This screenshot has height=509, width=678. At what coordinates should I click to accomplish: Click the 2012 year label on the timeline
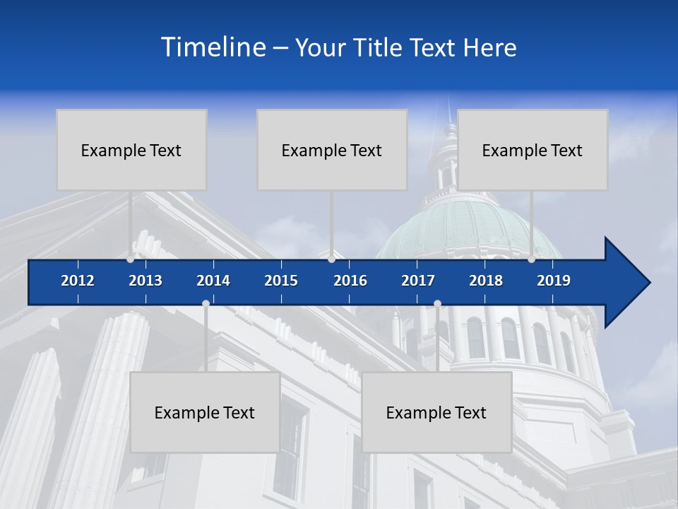coord(78,281)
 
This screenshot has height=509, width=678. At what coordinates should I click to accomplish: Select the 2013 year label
coord(145,281)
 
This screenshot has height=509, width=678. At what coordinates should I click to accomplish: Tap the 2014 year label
coord(213,281)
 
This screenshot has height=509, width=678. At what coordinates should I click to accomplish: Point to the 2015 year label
coord(281,281)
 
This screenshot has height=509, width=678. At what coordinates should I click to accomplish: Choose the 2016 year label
coord(350,281)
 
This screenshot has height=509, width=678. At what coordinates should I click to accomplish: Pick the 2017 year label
coord(418,281)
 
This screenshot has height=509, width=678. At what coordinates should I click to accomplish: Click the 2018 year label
coord(486,281)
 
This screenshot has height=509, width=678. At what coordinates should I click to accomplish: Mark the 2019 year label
coord(554,281)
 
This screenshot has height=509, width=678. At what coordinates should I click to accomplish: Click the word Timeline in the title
coord(213,47)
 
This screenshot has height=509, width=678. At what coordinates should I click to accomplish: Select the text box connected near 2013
coord(131,150)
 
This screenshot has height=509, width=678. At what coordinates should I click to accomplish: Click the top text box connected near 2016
coord(332,150)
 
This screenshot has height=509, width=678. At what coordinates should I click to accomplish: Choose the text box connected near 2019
coord(533,150)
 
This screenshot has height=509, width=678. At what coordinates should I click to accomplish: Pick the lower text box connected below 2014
coord(205,412)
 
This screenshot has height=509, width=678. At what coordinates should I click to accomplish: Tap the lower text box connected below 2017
coord(436,412)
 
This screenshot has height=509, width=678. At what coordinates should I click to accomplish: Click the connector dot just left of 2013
coord(131,259)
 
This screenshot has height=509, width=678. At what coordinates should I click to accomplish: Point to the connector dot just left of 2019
coord(532,259)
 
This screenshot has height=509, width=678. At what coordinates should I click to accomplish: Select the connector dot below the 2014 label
coord(206,304)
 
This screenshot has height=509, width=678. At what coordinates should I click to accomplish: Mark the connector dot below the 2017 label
coord(437,304)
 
